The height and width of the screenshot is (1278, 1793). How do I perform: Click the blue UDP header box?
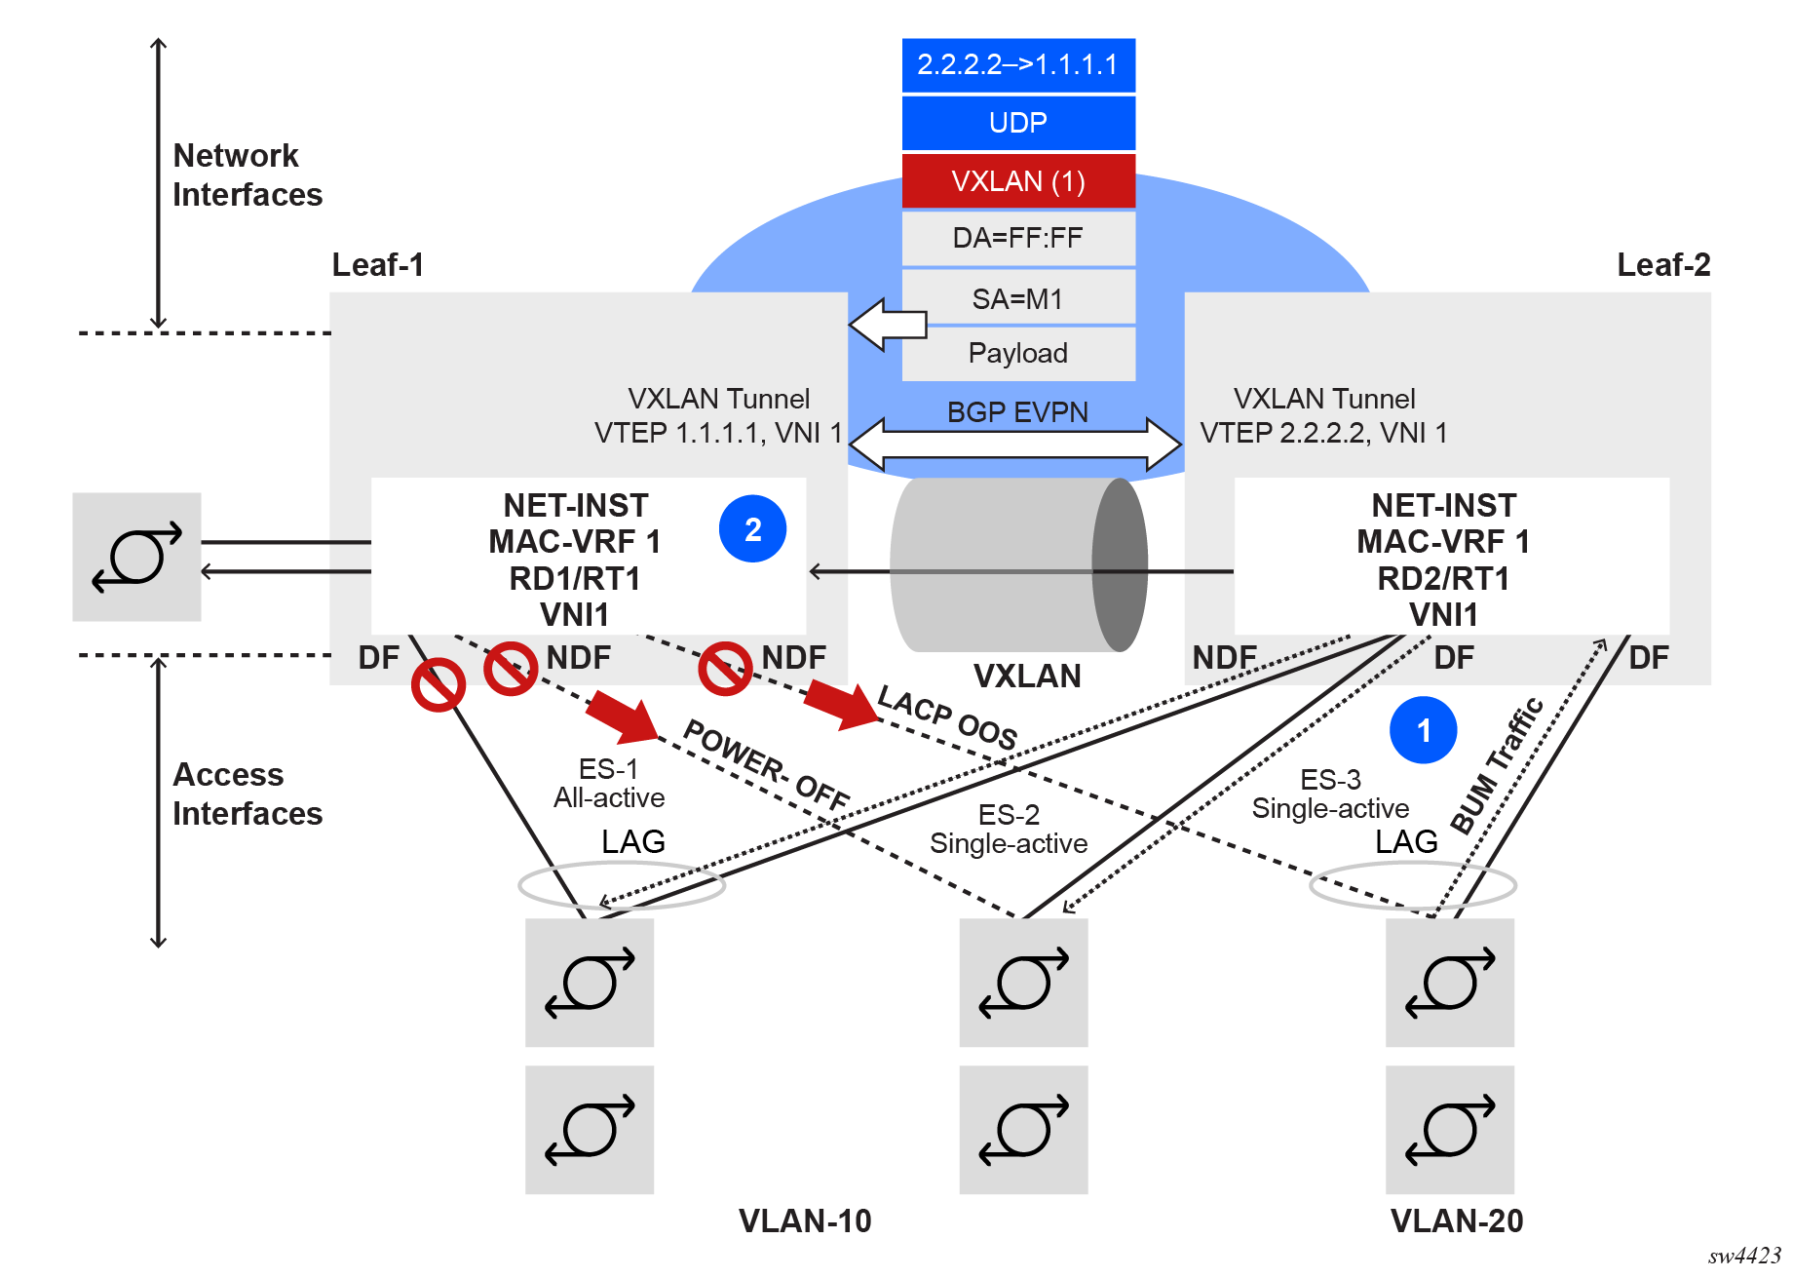click(x=1018, y=123)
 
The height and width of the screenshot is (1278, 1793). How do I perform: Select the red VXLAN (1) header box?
click(x=1018, y=181)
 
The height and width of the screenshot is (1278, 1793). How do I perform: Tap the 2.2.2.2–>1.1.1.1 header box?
click(x=1018, y=65)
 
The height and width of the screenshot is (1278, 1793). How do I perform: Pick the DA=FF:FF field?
click(x=1018, y=238)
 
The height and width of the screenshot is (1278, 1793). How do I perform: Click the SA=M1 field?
click(x=1018, y=298)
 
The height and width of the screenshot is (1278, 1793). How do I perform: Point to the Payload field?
click(x=1018, y=353)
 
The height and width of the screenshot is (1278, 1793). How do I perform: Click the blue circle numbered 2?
click(x=752, y=529)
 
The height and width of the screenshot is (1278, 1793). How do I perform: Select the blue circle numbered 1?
click(x=1423, y=730)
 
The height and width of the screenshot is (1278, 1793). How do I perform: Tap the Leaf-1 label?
click(x=378, y=265)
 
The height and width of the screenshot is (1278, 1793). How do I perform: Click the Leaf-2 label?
click(x=1663, y=265)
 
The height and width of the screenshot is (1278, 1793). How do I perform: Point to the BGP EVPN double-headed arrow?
click(x=1015, y=445)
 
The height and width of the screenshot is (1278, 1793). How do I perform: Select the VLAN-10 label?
click(x=805, y=1220)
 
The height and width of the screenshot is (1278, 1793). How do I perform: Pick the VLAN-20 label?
click(x=1457, y=1220)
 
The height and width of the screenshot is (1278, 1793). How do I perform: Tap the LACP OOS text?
click(x=947, y=717)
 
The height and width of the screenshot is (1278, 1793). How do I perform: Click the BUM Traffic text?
click(x=1497, y=766)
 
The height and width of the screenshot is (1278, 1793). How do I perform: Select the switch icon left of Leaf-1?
click(x=136, y=557)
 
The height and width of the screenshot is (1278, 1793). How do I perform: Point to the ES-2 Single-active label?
click(x=1009, y=829)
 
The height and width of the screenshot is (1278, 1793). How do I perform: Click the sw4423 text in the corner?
click(x=1744, y=1256)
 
